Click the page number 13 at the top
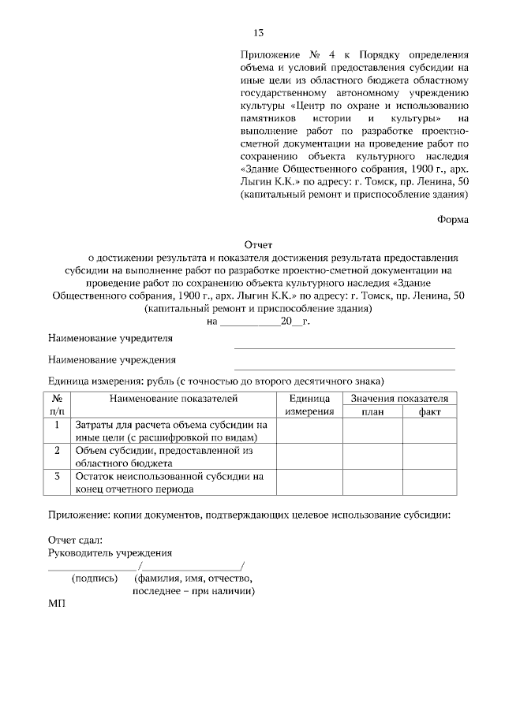[257, 32]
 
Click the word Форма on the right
[453, 220]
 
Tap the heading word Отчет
[257, 245]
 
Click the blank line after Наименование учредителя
[344, 347]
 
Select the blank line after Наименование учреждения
[344, 368]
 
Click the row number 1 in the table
[58, 425]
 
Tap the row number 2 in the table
[58, 450]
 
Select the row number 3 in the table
[58, 476]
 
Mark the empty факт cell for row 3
[430, 482]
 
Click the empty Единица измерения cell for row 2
[309, 456]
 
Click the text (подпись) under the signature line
[95, 578]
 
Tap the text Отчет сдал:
[75, 540]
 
